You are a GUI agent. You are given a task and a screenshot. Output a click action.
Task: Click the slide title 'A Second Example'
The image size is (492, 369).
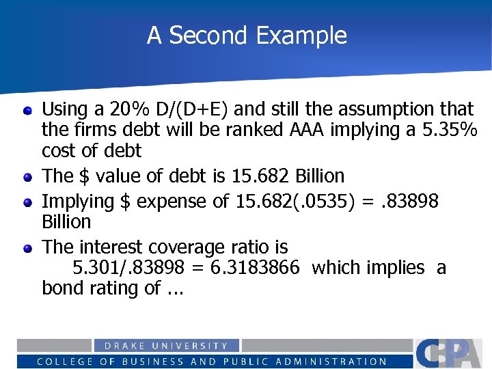[x=247, y=36]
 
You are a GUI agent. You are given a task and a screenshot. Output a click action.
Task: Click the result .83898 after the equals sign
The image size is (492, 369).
[x=408, y=201]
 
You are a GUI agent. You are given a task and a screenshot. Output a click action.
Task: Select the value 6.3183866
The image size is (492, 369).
[x=254, y=268]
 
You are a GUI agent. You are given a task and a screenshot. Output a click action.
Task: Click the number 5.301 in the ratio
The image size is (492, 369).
[x=95, y=268]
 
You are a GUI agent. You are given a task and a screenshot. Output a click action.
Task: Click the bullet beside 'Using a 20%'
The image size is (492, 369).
[x=27, y=109]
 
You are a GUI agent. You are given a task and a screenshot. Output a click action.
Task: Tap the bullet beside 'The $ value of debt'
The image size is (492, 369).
[x=27, y=176]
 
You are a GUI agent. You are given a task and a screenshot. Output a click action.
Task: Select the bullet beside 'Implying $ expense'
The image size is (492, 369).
[x=27, y=201]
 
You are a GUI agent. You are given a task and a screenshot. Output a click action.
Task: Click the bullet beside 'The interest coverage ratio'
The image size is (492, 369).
[x=27, y=247]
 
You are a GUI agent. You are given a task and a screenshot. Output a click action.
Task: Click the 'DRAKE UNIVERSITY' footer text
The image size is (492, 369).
[x=166, y=346]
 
